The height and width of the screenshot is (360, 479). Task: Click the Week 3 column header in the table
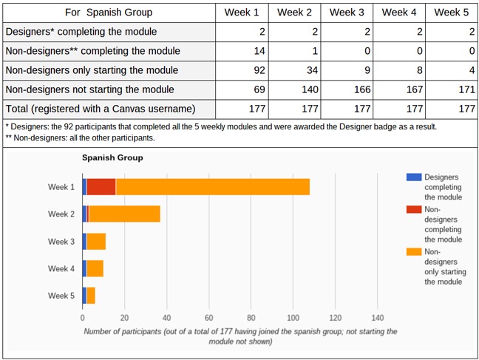click(347, 13)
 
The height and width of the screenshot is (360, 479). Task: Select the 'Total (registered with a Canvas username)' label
click(101, 109)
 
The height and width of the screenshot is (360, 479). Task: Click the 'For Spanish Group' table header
click(108, 13)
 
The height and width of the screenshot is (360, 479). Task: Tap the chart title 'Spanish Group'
click(112, 157)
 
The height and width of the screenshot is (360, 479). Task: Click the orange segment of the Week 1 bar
click(212, 187)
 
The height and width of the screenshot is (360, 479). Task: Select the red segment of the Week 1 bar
click(101, 187)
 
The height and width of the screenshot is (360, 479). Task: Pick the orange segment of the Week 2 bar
click(124, 214)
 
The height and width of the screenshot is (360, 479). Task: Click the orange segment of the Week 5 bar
click(91, 296)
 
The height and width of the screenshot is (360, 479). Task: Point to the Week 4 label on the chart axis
click(61, 268)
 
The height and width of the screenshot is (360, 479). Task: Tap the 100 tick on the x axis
click(293, 319)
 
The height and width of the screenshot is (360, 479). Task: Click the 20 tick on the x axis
click(124, 319)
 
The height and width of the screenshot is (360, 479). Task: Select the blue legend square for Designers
click(414, 177)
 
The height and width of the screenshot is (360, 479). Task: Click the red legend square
click(414, 209)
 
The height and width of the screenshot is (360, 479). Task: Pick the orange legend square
click(414, 251)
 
